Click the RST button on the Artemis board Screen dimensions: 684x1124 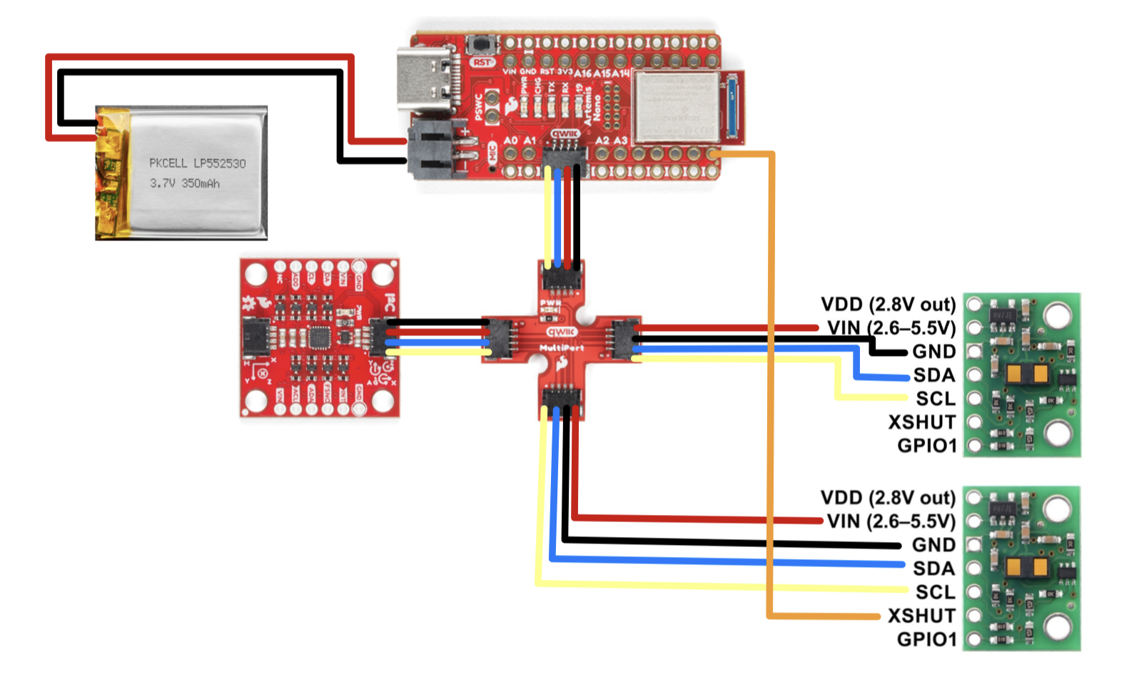[x=482, y=45]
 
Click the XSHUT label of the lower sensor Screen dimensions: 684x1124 [x=921, y=616]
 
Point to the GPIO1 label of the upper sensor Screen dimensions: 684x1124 [x=926, y=446]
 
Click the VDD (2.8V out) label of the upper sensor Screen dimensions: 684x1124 [x=888, y=305]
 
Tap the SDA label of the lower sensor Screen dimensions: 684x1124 [x=933, y=568]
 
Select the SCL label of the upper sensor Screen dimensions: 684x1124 [x=935, y=399]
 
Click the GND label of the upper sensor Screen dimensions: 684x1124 [x=933, y=352]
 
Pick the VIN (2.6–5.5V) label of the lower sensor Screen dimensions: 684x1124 [x=891, y=521]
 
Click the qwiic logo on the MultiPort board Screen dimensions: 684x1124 [x=562, y=332]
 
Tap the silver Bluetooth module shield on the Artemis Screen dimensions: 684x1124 [x=676, y=106]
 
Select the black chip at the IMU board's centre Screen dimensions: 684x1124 [x=318, y=337]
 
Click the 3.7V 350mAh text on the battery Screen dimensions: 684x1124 [x=185, y=183]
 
